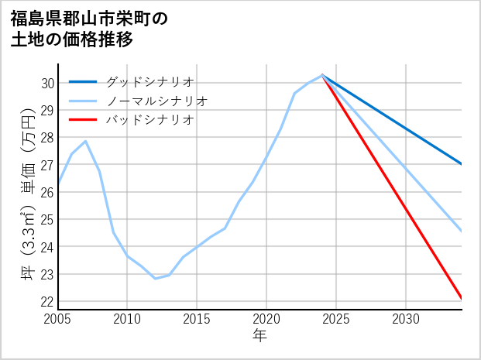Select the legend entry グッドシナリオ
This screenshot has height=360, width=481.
coord(149,81)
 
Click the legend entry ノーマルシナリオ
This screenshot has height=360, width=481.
coord(156,101)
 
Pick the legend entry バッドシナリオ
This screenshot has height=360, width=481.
coord(149,120)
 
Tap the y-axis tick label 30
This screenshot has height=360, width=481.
coord(47,83)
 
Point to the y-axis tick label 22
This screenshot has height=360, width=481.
coord(47,301)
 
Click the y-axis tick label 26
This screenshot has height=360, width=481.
coord(47,192)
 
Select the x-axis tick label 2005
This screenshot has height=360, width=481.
coord(58,319)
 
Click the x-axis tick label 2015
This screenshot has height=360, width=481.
coord(197,319)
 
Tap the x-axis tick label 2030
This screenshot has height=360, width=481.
coord(406,319)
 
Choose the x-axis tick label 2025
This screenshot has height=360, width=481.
coord(336,319)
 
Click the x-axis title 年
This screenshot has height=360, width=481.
coord(260,336)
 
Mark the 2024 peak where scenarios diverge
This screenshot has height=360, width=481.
coord(322,75)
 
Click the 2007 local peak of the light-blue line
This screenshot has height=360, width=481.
coord(85,141)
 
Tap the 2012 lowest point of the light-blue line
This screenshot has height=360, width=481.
coord(155,278)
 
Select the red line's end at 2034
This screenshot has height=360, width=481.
coord(462,298)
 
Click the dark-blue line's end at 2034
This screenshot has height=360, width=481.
coord(462,164)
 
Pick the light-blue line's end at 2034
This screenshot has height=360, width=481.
coord(462,231)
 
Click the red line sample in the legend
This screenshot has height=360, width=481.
coord(83,120)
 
